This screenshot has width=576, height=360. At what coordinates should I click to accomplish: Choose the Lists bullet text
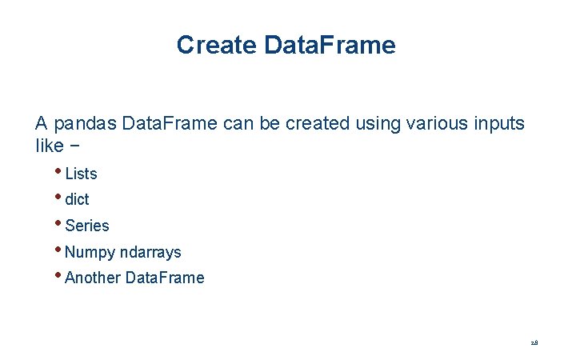coord(81,174)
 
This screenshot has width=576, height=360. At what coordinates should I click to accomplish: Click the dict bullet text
coord(77,200)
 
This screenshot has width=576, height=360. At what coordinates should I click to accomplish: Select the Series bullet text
coord(86,226)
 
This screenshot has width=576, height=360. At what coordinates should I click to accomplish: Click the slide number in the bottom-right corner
coord(534,342)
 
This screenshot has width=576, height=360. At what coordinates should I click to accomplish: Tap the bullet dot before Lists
coord(60,170)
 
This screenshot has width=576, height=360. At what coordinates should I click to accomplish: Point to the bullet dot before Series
coord(60,222)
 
